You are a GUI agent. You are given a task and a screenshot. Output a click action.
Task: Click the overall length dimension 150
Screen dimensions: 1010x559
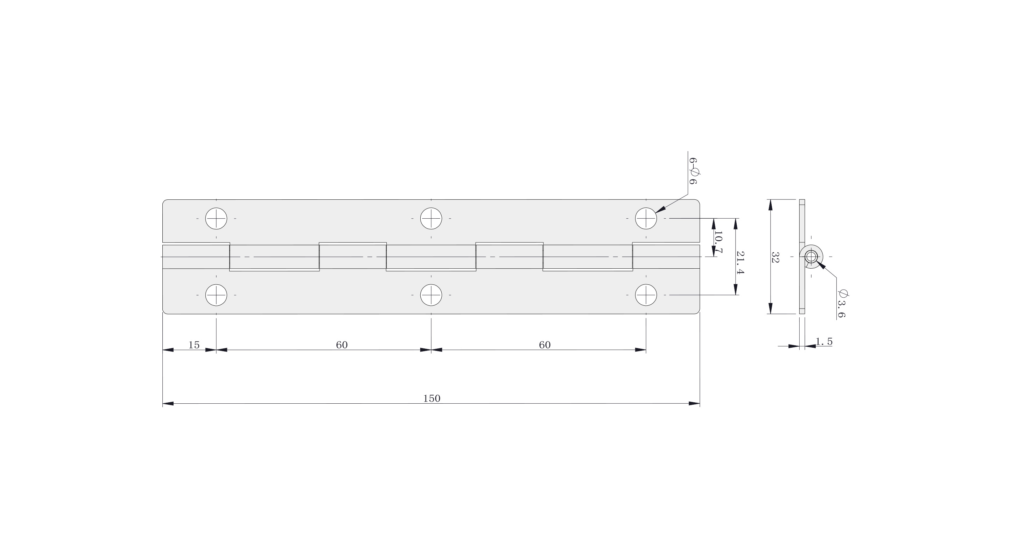point(432,398)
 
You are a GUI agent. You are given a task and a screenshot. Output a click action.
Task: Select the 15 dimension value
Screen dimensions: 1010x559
point(194,345)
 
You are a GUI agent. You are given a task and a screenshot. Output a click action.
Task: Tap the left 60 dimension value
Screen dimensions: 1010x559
point(342,345)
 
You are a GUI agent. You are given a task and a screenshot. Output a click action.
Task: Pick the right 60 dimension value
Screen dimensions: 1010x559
point(545,345)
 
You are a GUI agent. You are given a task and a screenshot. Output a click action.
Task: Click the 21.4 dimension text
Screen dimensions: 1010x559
point(740,263)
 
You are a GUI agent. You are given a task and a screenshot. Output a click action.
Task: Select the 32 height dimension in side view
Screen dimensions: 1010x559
point(775,257)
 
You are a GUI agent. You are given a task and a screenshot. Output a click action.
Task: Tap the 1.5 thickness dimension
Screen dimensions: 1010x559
point(824,341)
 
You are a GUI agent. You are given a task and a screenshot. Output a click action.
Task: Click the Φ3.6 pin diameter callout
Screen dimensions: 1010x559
point(842,304)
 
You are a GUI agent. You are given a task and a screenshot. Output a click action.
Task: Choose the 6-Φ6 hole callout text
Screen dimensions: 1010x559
point(694,171)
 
